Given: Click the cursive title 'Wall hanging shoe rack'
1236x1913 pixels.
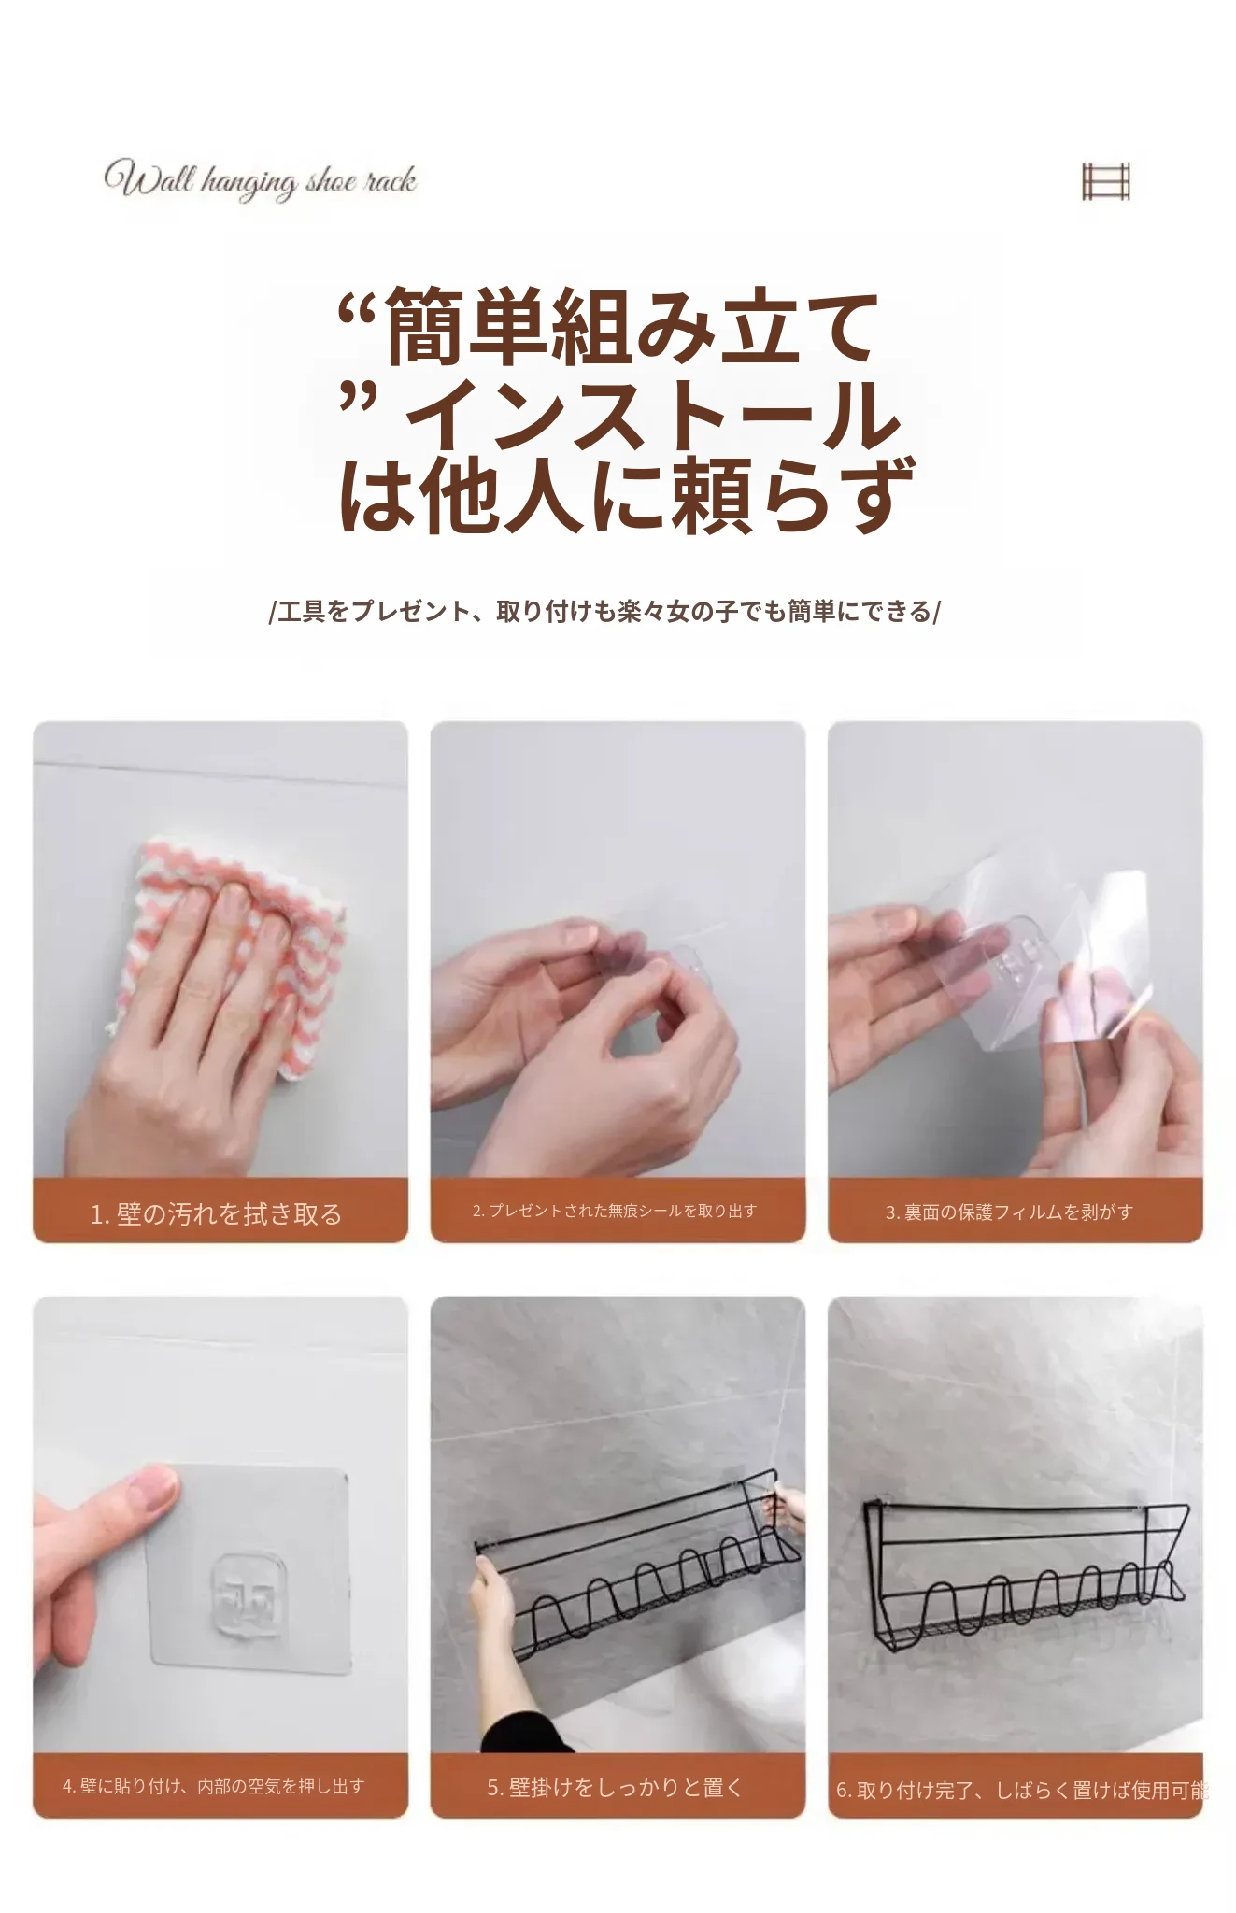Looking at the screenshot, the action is pos(260,179).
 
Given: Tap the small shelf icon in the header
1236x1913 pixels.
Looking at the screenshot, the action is pos(1106,181).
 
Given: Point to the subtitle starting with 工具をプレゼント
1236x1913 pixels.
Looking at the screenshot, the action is pos(605,612).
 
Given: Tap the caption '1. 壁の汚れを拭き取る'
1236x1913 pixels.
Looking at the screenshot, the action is pos(216,1213).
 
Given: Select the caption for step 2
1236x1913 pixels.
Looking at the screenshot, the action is pos(615,1211).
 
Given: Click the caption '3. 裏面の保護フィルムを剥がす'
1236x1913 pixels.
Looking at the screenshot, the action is pos(1009,1212).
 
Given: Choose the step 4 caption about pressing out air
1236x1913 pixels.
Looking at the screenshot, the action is pos(213,1786).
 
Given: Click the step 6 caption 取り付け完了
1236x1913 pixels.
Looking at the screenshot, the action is pos(1022,1790).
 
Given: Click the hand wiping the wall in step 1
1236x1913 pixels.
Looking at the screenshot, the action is pos(187,1027).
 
